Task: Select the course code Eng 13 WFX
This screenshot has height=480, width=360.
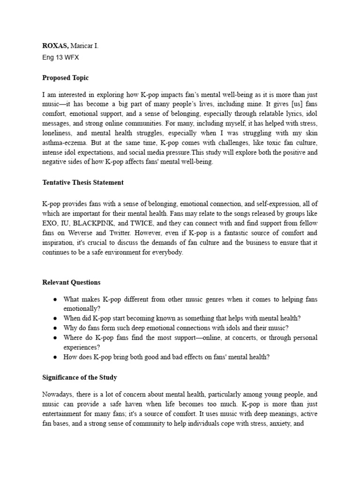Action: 61,58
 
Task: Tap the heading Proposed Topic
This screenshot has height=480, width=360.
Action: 65,78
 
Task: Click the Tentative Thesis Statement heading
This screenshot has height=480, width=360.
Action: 83,182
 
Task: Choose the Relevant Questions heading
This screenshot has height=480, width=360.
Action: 71,282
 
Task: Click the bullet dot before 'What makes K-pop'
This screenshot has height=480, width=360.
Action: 55,300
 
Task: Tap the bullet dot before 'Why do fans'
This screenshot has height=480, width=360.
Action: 55,328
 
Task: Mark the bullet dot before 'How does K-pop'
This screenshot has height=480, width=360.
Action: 55,357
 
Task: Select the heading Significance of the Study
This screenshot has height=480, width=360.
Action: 80,378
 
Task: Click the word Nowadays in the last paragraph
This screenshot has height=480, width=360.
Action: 58,395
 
